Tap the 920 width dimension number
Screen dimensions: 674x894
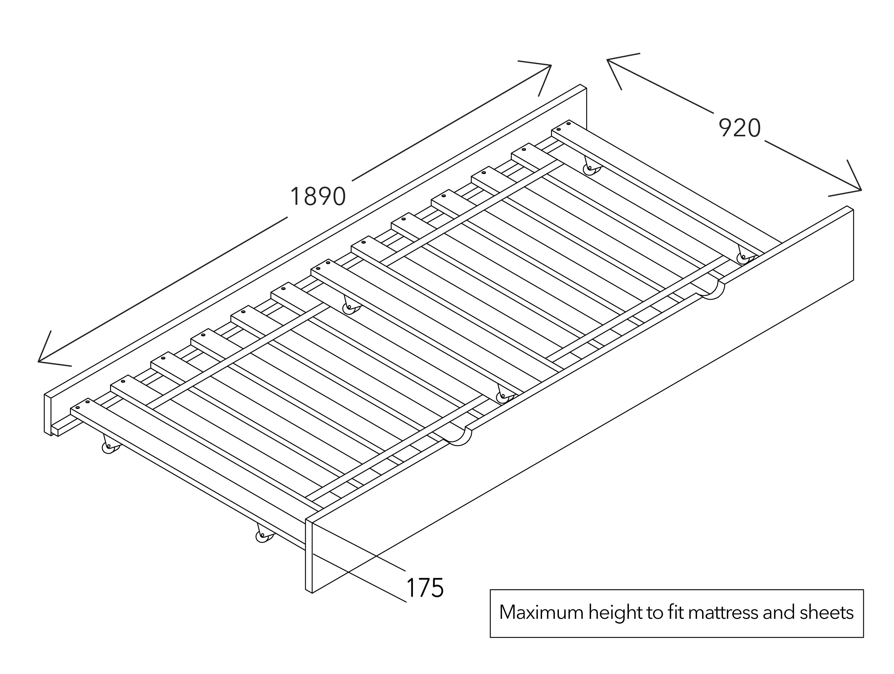[x=739, y=128]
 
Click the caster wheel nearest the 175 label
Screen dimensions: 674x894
[x=263, y=536]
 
